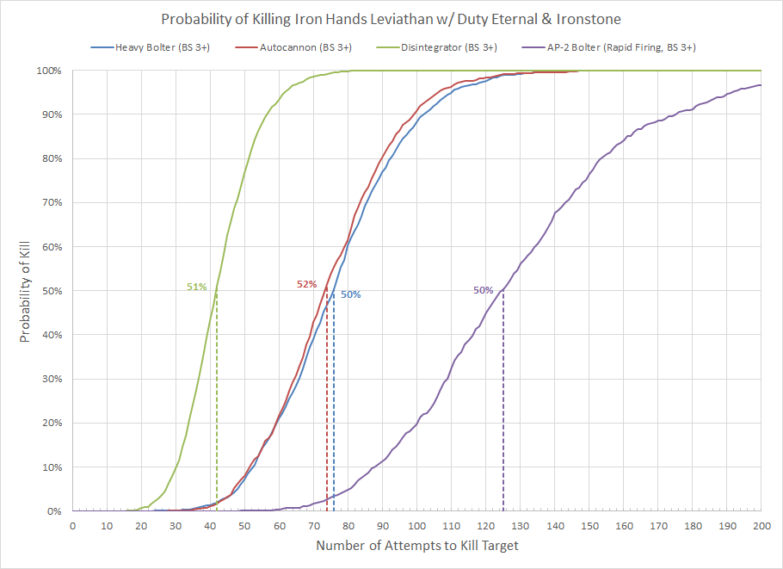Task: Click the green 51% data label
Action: (x=197, y=287)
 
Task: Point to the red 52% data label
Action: (x=307, y=283)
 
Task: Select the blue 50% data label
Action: (x=350, y=294)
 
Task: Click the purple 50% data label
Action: (x=483, y=291)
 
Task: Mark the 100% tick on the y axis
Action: (x=48, y=71)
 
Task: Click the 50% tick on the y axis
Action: (x=51, y=291)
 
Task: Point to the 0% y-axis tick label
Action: (x=53, y=511)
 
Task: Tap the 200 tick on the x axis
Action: (x=761, y=525)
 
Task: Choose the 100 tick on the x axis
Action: (x=416, y=525)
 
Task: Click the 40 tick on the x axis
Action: (x=210, y=525)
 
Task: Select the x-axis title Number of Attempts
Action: (x=416, y=546)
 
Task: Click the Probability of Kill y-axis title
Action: (x=25, y=291)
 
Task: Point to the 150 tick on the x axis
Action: (x=589, y=525)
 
